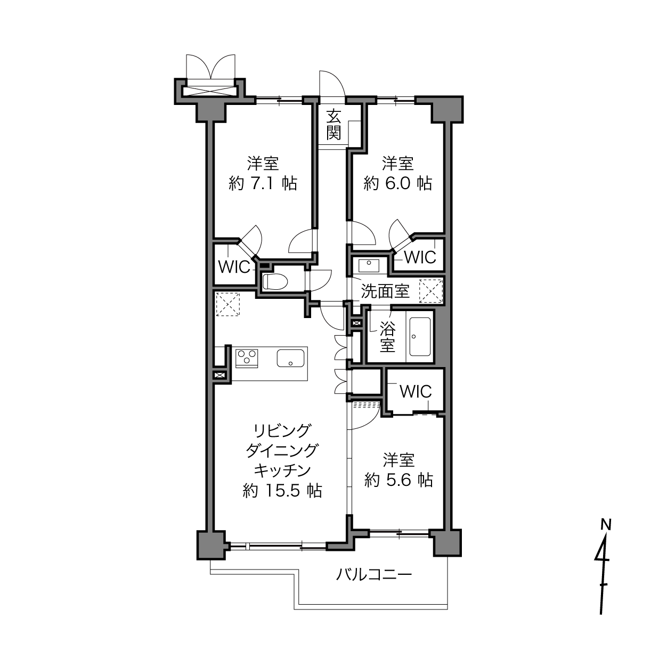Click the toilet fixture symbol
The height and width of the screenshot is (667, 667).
click(x=275, y=281)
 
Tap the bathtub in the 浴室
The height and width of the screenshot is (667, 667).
click(x=420, y=337)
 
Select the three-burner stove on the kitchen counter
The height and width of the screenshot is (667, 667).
click(x=247, y=359)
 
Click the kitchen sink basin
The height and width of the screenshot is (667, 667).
click(x=290, y=358)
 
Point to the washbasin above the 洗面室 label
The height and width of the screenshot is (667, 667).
click(x=369, y=265)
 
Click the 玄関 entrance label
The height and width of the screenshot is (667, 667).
click(x=333, y=124)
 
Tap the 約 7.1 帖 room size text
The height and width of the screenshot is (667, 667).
click(x=263, y=183)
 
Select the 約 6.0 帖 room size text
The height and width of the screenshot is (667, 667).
click(x=398, y=183)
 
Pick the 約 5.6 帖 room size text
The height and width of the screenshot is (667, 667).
click(x=398, y=480)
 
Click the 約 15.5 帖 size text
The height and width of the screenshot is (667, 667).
click(x=282, y=491)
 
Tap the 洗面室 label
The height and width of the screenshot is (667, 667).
click(x=385, y=291)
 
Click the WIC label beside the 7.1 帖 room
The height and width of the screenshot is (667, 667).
click(x=234, y=267)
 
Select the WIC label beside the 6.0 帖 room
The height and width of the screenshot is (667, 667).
click(x=420, y=257)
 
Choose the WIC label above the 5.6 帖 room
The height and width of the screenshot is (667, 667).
click(x=416, y=392)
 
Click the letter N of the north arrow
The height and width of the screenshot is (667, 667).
click(x=606, y=525)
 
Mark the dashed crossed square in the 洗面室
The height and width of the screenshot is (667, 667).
click(x=430, y=291)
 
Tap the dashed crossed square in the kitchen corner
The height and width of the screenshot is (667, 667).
click(x=228, y=304)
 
